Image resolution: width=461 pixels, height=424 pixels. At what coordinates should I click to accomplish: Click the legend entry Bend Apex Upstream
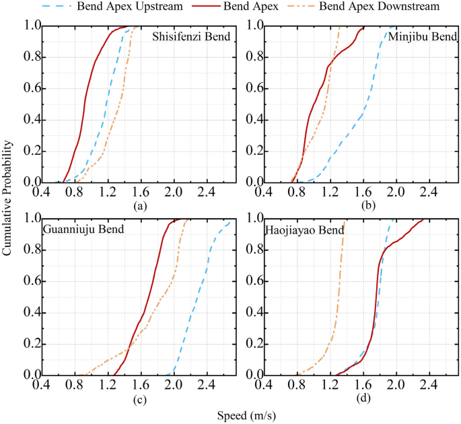coord(141,7)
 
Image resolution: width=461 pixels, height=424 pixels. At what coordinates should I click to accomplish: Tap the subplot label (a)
coord(139,206)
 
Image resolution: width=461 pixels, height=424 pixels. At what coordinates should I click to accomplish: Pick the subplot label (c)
coord(139,398)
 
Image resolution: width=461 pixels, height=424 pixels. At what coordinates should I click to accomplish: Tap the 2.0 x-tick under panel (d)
coord(395,386)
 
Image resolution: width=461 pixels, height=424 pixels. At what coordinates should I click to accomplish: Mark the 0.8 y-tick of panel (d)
coord(255,250)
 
